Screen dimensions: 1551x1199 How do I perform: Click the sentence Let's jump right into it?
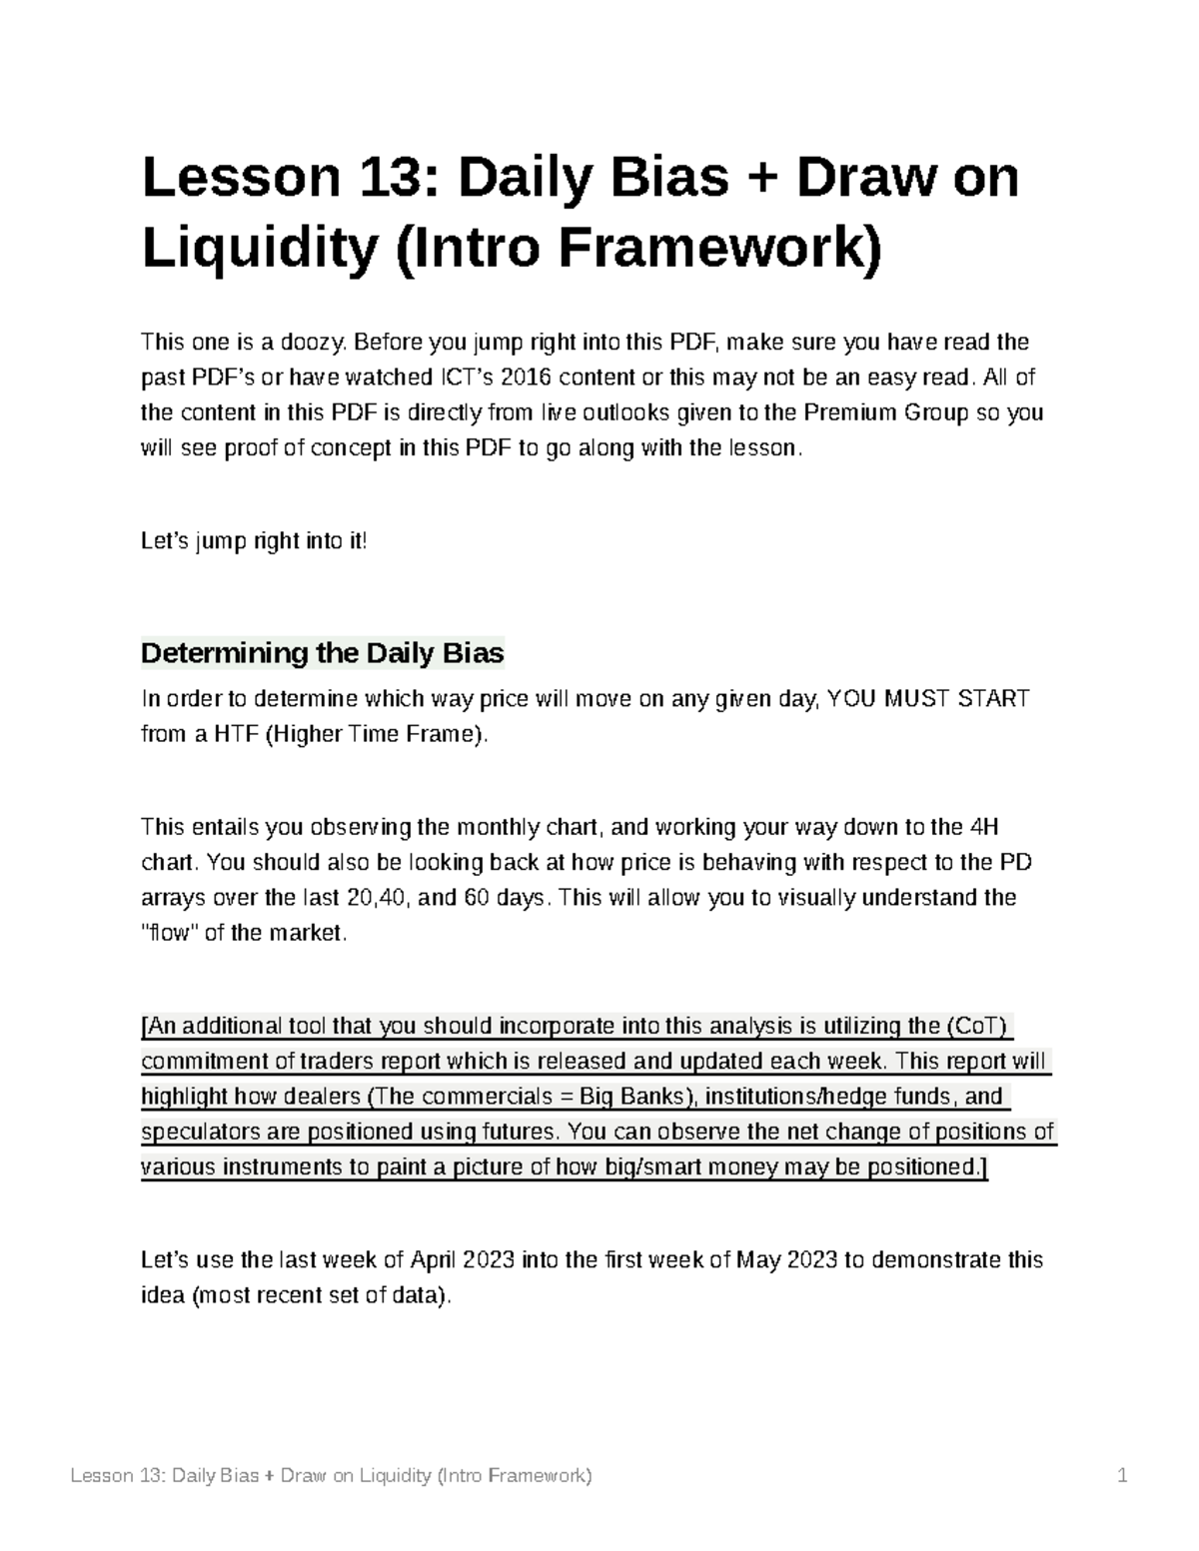[x=255, y=541]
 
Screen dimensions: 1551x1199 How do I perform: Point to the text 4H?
[x=983, y=827]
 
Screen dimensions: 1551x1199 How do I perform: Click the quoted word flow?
[x=169, y=933]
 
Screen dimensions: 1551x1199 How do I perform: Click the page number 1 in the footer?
[x=1123, y=1476]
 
